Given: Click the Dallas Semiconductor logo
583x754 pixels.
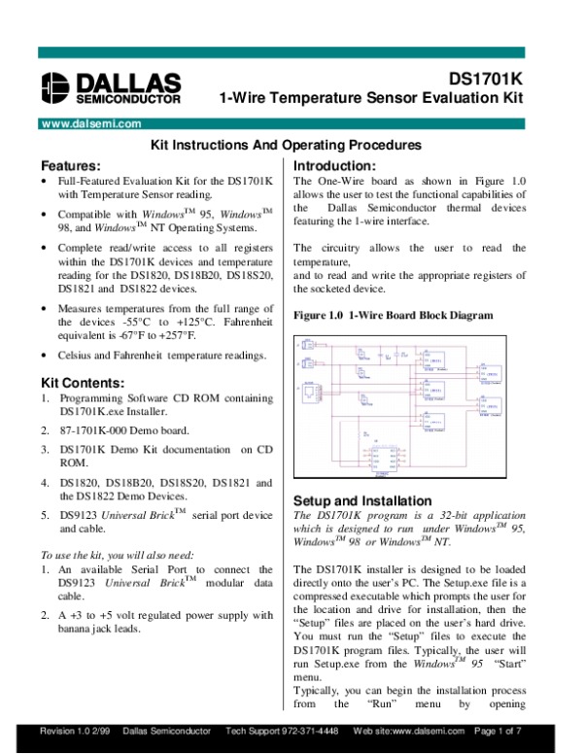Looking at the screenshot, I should (x=111, y=86).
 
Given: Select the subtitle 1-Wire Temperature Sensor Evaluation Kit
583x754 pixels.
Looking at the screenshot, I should (x=371, y=99).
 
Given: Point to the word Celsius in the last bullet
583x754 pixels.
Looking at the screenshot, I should (x=78, y=357).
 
